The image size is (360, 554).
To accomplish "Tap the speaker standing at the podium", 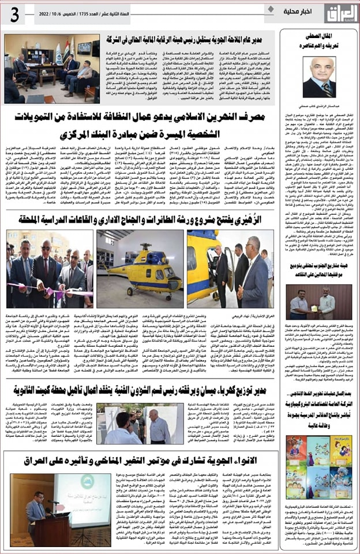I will (x=37, y=508).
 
